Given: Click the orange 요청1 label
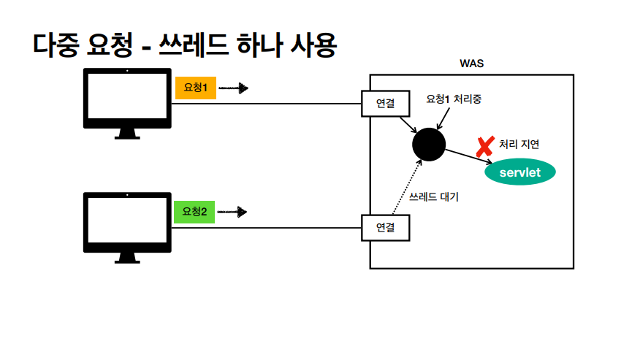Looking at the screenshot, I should (x=195, y=88).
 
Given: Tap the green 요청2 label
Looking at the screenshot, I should (x=194, y=212).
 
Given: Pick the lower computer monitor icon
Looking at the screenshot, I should (x=127, y=223).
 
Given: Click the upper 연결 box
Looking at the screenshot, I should (x=385, y=104).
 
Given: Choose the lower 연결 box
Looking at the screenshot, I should (x=385, y=228).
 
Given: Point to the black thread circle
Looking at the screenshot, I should (x=428, y=142).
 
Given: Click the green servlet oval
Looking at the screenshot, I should (x=519, y=172).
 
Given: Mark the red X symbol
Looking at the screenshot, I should (x=484, y=147).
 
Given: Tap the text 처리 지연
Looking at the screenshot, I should (x=519, y=145).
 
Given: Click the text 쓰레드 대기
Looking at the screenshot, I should (x=434, y=197).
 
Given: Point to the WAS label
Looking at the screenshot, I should (x=471, y=64).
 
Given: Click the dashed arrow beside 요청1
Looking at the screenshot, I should (x=234, y=88).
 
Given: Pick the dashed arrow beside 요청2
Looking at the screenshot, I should (x=233, y=212).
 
